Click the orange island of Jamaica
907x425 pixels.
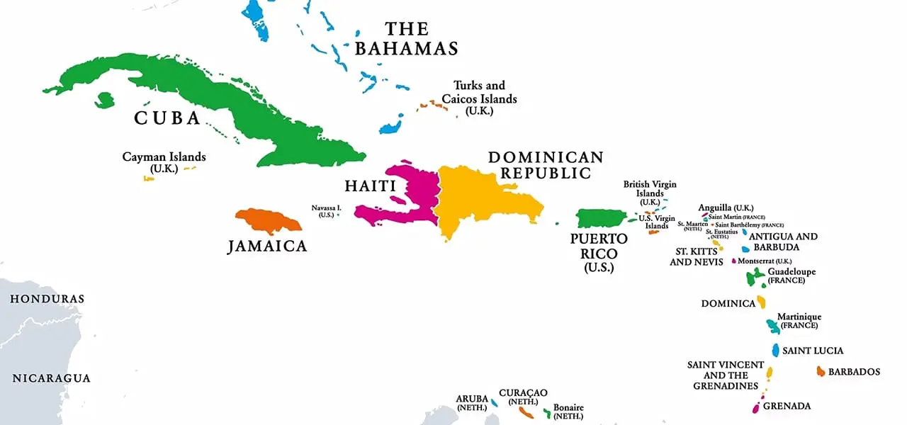[x=266, y=220]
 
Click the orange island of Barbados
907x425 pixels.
[x=821, y=371]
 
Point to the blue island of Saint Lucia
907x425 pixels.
[x=776, y=350]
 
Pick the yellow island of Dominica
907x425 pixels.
[x=761, y=302]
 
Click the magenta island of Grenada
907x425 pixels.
[x=756, y=409]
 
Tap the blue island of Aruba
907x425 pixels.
[x=494, y=402]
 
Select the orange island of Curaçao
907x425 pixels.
[x=526, y=412]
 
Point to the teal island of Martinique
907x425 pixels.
[x=772, y=326]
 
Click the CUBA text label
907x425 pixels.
[x=167, y=118]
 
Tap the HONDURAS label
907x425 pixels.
[x=47, y=300]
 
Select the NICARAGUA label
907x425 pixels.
[x=51, y=378]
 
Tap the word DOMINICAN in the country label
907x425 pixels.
[x=545, y=158]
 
